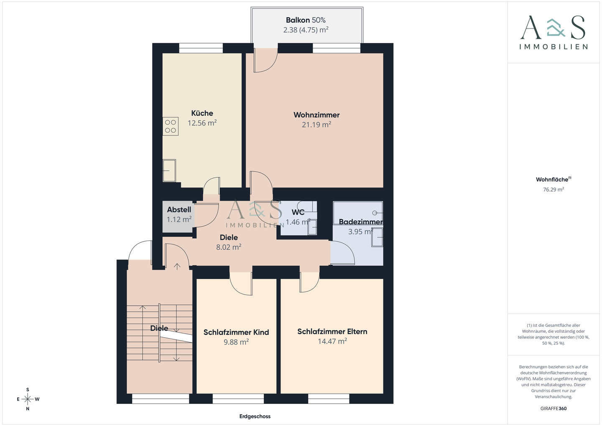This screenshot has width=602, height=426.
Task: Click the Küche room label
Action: (202, 113)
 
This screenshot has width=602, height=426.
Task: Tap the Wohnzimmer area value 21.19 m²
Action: (316, 125)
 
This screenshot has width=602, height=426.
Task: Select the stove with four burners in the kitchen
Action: (171, 127)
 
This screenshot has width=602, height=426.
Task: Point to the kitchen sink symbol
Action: (169, 171)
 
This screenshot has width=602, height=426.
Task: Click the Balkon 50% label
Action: (306, 20)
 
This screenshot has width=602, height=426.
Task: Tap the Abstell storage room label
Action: (179, 210)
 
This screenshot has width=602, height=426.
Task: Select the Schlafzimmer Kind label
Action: (236, 332)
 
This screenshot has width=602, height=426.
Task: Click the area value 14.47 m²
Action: (332, 341)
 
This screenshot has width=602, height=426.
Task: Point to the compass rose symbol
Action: (28, 399)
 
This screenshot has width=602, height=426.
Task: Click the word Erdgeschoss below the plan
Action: (255, 416)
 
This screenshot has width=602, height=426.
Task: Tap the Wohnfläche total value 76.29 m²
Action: (554, 190)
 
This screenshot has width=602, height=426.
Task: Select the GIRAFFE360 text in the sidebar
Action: (554, 408)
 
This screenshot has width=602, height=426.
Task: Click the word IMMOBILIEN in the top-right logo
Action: (554, 47)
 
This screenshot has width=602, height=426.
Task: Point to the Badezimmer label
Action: (360, 222)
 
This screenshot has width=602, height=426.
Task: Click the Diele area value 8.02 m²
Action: (229, 247)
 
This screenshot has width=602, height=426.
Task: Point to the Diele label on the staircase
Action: (159, 328)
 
